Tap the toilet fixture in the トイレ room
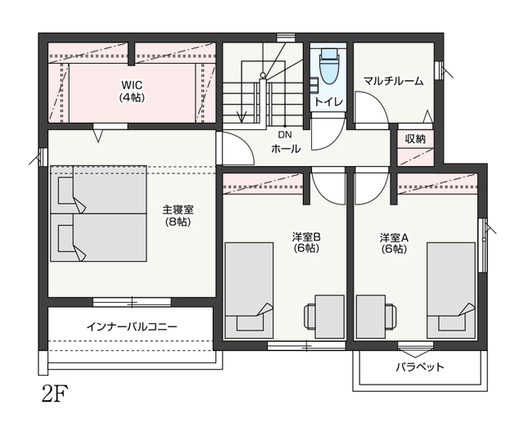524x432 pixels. click(x=329, y=66)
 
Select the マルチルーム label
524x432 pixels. click(x=393, y=81)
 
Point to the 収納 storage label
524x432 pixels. click(x=415, y=138)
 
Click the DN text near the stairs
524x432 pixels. click(x=285, y=134)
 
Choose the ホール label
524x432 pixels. click(x=286, y=149)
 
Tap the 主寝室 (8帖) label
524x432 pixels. click(x=178, y=216)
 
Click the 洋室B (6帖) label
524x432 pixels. click(x=305, y=243)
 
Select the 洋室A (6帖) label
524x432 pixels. click(x=394, y=243)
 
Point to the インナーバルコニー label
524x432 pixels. click(x=132, y=326)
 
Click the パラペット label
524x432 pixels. click(x=420, y=367)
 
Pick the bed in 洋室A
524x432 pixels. click(x=451, y=290)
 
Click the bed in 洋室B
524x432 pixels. click(x=249, y=290)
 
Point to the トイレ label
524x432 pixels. click(x=329, y=101)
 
